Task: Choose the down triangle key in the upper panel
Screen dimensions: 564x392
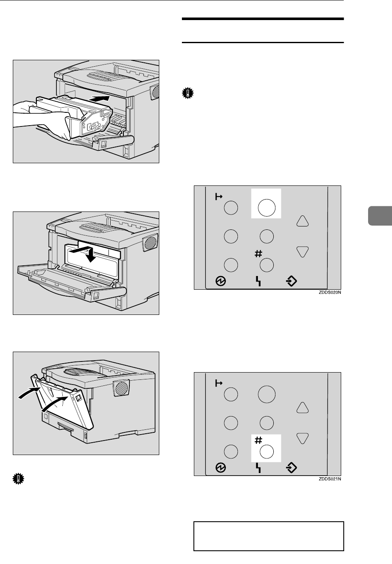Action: click(303, 252)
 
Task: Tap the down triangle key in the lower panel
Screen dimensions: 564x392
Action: click(303, 438)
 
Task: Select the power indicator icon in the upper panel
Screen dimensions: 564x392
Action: click(222, 281)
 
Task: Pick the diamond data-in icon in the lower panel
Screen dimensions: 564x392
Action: click(291, 467)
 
